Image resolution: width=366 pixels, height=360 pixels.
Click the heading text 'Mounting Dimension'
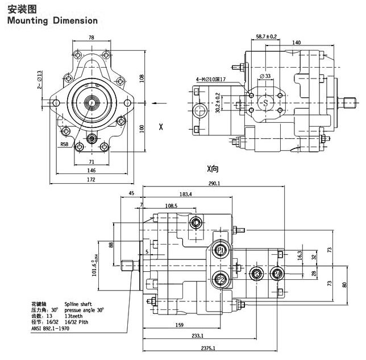[52, 20]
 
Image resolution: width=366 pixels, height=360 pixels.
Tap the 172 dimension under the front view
[91, 179]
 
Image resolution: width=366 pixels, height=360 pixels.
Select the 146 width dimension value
[91, 170]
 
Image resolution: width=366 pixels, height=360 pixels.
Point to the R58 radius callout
[66, 144]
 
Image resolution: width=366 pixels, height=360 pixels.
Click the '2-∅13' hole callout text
[40, 80]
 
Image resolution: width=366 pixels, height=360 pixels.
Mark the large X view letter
[161, 126]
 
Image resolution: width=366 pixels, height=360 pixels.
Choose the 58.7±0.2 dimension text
[266, 37]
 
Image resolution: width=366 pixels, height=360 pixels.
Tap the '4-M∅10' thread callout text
[211, 79]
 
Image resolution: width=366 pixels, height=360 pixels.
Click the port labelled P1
[221, 251]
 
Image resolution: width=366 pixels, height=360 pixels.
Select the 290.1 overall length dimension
[214, 184]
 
